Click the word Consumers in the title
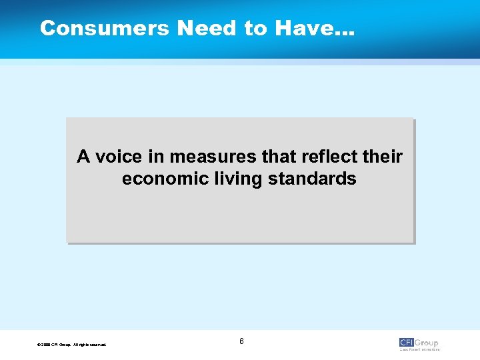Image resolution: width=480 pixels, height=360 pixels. click(x=105, y=28)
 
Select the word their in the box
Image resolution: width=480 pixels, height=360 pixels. click(x=382, y=157)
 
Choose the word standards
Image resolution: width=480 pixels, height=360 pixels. click(x=311, y=179)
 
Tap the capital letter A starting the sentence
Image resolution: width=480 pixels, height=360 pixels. click(x=83, y=157)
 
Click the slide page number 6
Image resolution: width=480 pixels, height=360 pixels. click(x=241, y=341)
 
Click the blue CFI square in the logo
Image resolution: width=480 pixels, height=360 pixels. click(x=407, y=343)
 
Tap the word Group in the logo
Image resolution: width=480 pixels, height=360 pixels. click(x=427, y=343)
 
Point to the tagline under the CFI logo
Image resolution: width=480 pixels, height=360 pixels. click(x=419, y=349)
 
